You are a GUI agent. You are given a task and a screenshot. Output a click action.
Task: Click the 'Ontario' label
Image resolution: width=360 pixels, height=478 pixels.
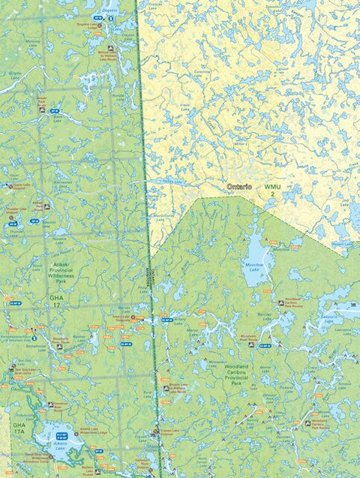click(239, 185)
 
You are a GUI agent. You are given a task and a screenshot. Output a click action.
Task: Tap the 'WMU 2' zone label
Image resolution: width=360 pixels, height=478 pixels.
click(271, 191)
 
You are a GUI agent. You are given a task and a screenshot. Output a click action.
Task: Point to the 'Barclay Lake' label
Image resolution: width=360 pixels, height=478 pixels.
click(262, 317)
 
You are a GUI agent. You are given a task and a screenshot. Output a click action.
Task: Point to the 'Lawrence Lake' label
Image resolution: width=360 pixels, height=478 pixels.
click(343, 329)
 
